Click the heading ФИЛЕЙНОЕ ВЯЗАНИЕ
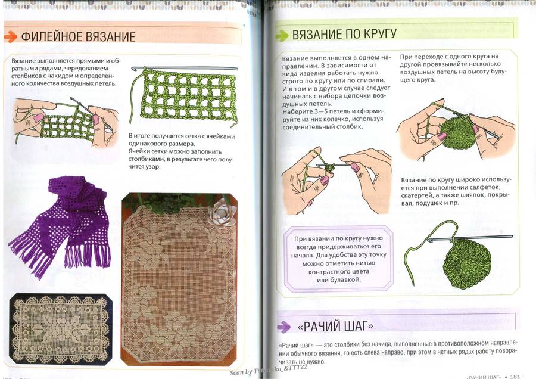[78, 36]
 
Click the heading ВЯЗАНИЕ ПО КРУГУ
[344, 34]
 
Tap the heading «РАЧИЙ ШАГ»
[336, 326]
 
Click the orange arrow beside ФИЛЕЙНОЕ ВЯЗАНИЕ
[11, 36]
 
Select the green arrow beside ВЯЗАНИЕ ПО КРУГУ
[282, 36]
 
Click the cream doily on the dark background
[61, 329]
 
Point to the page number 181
[515, 376]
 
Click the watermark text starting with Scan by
[269, 370]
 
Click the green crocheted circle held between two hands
[457, 131]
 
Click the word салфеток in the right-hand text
[482, 188]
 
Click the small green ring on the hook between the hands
[329, 167]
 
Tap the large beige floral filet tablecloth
[179, 279]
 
